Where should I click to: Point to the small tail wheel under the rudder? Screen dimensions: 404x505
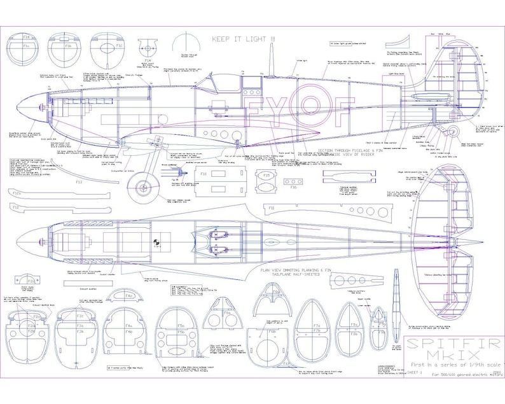[x=453, y=132]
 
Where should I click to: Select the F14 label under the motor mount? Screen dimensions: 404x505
[x=148, y=61]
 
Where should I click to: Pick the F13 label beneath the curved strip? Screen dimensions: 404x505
[x=79, y=182]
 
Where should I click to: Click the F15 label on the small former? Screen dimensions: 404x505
[x=266, y=175]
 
